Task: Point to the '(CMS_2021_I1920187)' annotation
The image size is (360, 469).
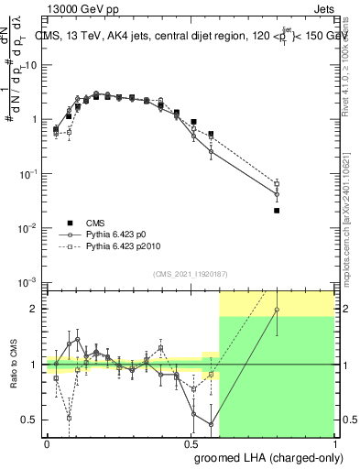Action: (x=190, y=273)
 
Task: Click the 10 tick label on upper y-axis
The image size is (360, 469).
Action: (x=31, y=65)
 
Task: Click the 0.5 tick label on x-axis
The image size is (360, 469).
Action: (x=191, y=444)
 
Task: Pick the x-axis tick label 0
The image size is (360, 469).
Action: (x=47, y=444)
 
